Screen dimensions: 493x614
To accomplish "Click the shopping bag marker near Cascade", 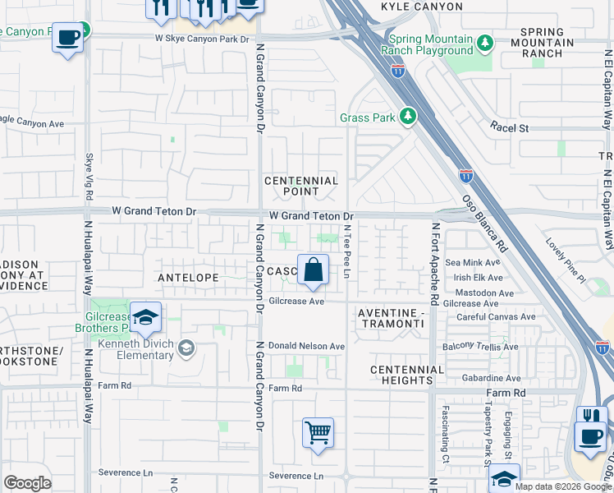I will click(x=313, y=270).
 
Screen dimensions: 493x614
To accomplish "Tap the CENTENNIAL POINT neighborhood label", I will click(x=300, y=186).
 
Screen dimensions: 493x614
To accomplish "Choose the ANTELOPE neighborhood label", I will click(x=188, y=279).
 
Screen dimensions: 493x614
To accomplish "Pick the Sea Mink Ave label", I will click(x=490, y=262).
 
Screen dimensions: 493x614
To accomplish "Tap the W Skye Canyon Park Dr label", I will click(x=202, y=39).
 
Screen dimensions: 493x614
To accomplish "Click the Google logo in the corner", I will click(x=27, y=483).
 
